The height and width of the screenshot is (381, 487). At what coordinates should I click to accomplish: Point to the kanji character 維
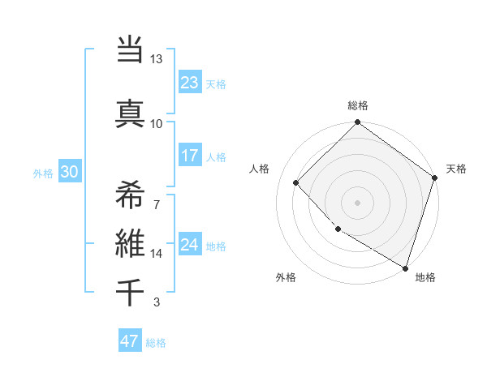(x=130, y=244)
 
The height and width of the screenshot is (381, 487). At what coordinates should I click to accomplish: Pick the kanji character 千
(x=130, y=292)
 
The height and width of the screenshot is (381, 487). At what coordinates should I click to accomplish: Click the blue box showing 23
(x=190, y=83)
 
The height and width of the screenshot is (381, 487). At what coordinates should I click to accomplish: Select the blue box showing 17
(x=190, y=156)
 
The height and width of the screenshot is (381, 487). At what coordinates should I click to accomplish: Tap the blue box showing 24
(x=190, y=245)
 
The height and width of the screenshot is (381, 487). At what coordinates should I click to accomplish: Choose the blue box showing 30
(x=69, y=172)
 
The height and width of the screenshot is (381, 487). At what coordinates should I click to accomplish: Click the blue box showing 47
(x=130, y=341)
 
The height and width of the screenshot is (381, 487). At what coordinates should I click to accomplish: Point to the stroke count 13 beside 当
(x=157, y=59)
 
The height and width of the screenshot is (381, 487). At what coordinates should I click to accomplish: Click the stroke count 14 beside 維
(x=157, y=254)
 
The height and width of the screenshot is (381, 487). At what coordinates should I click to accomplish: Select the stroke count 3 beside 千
(x=157, y=302)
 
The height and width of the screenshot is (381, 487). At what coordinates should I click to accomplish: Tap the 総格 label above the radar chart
(x=358, y=105)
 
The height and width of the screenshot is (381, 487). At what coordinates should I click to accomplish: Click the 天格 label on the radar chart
(x=456, y=169)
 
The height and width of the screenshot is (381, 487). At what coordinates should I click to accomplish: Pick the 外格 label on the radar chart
(x=286, y=278)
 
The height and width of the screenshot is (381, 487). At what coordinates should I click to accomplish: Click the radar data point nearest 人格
(x=296, y=183)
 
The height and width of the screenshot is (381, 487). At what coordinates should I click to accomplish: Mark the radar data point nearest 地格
(x=405, y=267)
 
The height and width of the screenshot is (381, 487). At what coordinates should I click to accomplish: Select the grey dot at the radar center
(x=357, y=202)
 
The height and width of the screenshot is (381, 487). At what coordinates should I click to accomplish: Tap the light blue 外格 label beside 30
(x=43, y=173)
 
